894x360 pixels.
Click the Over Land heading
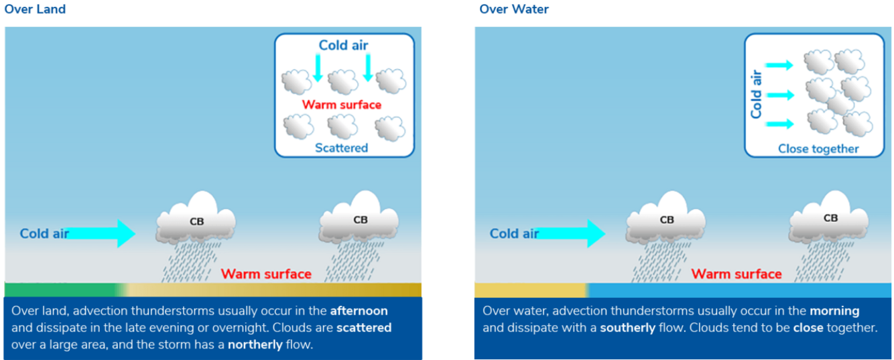35,9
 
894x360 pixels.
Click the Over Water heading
514,9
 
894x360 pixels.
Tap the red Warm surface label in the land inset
341,105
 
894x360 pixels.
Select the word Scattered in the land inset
341,147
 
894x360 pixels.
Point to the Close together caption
818,149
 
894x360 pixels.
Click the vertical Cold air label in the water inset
756,95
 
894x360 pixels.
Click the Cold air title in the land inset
343,46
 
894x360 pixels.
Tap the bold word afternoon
359,311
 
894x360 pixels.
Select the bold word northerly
255,345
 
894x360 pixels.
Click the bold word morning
834,311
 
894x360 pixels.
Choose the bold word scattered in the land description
364,328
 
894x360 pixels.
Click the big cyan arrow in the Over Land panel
101,233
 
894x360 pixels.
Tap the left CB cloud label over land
197,221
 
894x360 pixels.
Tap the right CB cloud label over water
830,218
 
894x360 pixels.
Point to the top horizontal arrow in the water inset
779,65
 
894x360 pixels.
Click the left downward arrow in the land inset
318,68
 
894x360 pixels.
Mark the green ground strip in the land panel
60,289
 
